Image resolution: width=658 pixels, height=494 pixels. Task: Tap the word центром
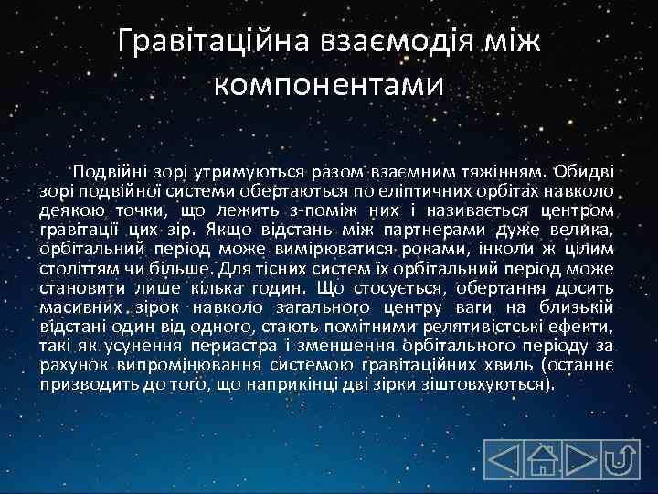579,209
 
